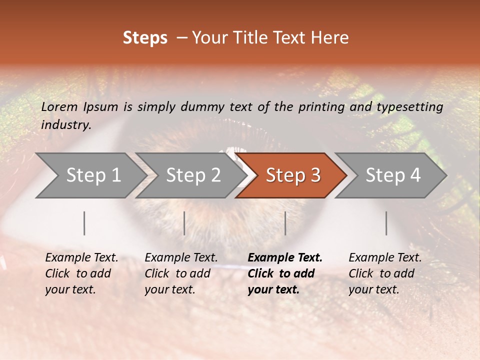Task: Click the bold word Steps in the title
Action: point(145,38)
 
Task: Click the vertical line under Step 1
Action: point(84,223)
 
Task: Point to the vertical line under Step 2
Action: point(184,223)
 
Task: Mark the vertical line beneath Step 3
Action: point(285,223)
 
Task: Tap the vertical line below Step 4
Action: point(386,223)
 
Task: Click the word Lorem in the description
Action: point(59,106)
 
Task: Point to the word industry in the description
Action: point(65,125)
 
